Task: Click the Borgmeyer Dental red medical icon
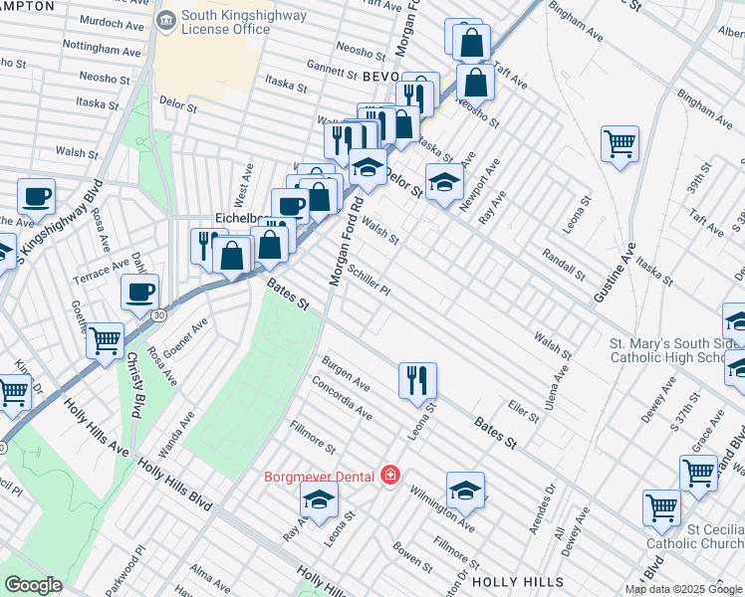click(388, 477)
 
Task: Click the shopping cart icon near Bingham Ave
click(620, 143)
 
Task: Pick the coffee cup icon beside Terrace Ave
click(139, 292)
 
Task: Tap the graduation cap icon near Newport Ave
click(444, 181)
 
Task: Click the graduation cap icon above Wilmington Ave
click(465, 489)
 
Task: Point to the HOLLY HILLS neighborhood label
click(517, 582)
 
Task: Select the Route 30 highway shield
click(159, 315)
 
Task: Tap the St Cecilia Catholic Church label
click(694, 534)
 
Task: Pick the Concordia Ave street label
click(342, 398)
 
